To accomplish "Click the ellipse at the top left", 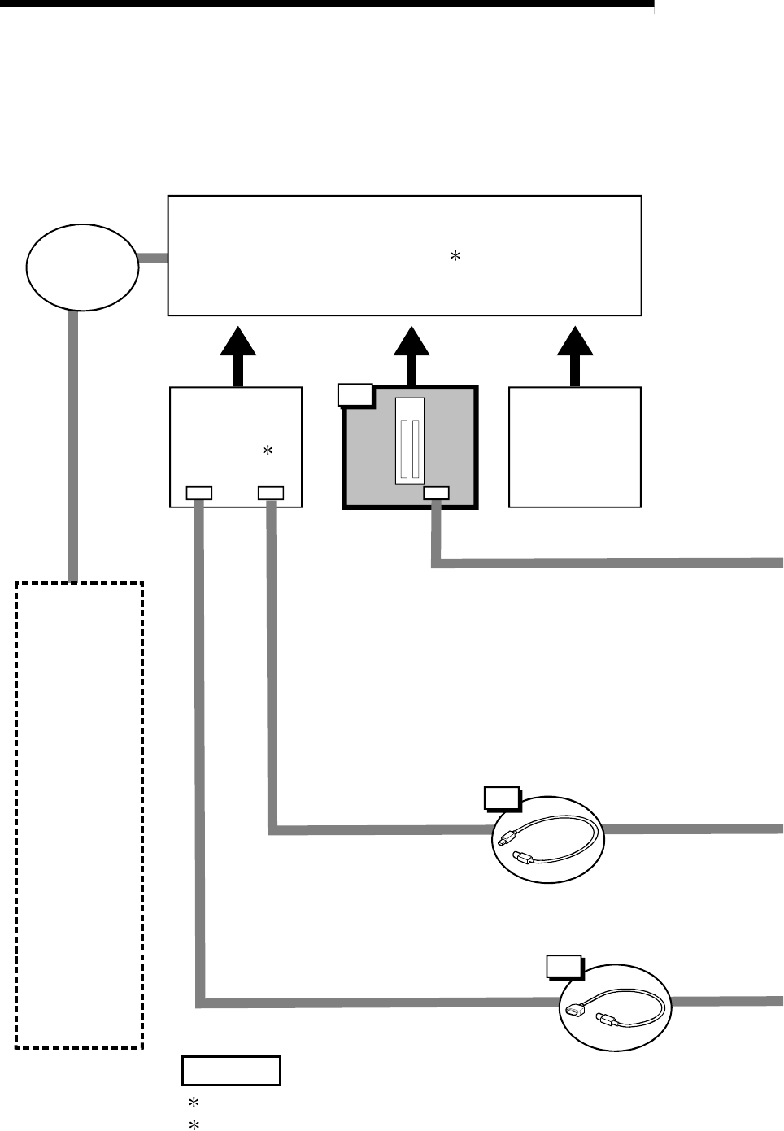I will pos(81,268).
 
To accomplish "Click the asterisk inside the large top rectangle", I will pos(455,256).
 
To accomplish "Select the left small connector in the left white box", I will pos(198,492).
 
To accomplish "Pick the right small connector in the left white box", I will pos(270,492).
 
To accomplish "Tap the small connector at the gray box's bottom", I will pos(436,492).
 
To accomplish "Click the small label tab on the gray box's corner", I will pos(355,394).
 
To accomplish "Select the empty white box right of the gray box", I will pos(575,447).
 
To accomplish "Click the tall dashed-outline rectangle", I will pos(80,814).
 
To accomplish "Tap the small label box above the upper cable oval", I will pos(501,798).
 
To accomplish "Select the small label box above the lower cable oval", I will pos(564,965).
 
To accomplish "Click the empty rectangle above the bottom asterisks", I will pos(231,1071).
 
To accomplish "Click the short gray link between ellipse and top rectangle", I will pos(153,259).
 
